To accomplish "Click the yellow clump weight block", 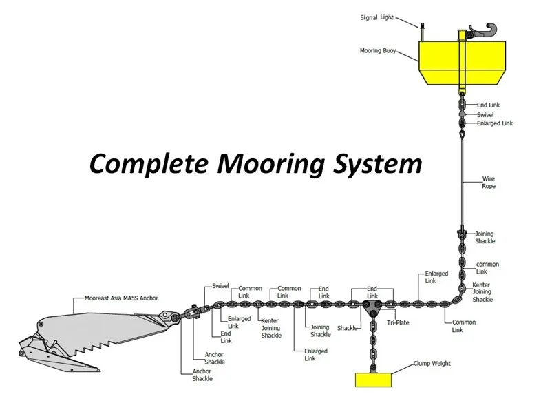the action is click(x=373, y=380).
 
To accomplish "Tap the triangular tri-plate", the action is click(x=372, y=308).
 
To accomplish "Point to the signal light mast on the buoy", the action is click(x=422, y=32).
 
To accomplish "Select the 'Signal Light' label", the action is click(x=377, y=17).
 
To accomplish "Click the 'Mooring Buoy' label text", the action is click(x=378, y=51).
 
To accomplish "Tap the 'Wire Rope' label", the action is click(x=489, y=183).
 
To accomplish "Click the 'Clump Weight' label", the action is click(x=432, y=363).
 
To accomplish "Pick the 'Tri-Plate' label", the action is click(x=398, y=322).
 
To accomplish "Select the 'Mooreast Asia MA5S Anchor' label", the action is click(x=121, y=298).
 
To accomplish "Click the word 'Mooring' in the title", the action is click(x=270, y=164).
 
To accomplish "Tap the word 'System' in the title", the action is click(x=378, y=164).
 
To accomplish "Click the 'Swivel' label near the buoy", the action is click(x=485, y=115).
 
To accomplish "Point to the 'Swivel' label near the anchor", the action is click(x=220, y=286).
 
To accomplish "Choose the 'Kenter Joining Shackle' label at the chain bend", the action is click(x=482, y=292).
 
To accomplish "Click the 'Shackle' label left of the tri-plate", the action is click(x=347, y=328).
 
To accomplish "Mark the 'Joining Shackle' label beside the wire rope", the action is click(x=485, y=238).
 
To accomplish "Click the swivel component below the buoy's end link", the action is click(x=463, y=114).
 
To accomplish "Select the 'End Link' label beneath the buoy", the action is click(x=488, y=105).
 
